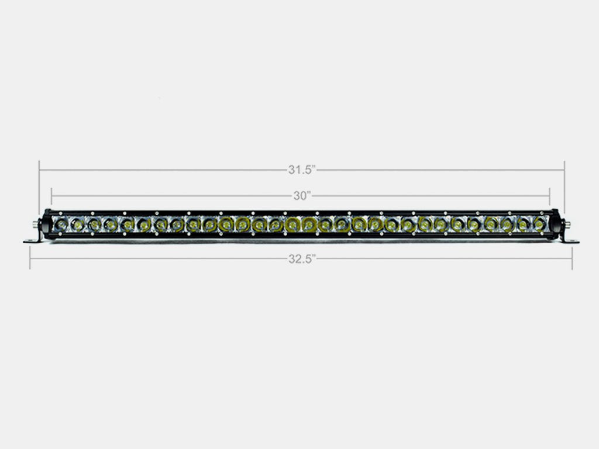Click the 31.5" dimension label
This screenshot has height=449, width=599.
coord(301,170)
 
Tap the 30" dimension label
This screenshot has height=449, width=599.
coord(301,196)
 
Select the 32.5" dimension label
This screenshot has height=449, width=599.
coord(301,259)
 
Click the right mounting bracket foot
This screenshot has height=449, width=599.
coord(570,241)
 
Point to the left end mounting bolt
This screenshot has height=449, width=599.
coord(36,223)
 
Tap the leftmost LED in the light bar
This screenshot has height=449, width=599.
coord(60,224)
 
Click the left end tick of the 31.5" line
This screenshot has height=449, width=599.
coord(39,170)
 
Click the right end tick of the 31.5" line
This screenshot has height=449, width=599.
coord(564,170)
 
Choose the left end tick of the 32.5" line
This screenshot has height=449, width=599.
coord(30,258)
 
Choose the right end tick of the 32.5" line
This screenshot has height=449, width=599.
coord(572,258)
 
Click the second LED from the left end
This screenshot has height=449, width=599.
coord(77,223)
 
